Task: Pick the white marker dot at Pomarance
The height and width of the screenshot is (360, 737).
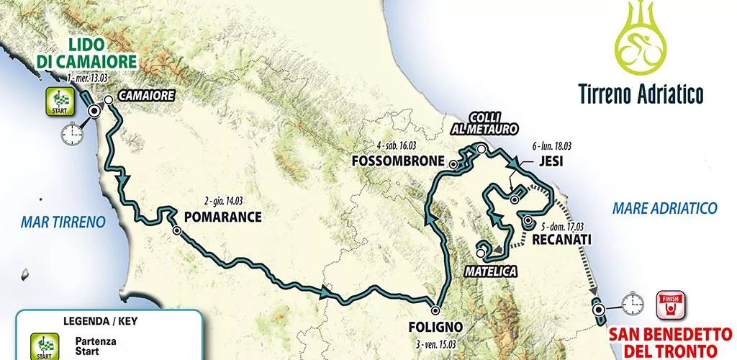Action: (177, 230)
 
